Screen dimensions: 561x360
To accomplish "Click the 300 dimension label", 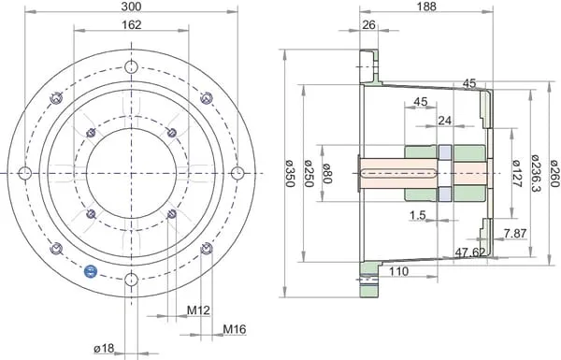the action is pyautogui.click(x=131, y=7).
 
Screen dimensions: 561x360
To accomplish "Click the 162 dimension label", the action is pyautogui.click(x=132, y=24).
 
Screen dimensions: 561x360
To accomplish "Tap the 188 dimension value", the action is pyautogui.click(x=426, y=7).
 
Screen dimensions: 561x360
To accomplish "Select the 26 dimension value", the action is pyautogui.click(x=369, y=24).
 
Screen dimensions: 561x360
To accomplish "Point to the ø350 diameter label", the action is pyautogui.click(x=290, y=173).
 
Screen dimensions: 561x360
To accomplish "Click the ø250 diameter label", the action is pyautogui.click(x=309, y=173).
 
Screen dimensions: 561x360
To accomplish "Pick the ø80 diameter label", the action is pyautogui.click(x=327, y=173).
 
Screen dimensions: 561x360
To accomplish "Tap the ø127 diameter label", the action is pyautogui.click(x=516, y=173).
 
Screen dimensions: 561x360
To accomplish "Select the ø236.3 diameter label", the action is pyautogui.click(x=536, y=173).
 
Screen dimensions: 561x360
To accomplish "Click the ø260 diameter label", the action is pyautogui.click(x=554, y=173).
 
